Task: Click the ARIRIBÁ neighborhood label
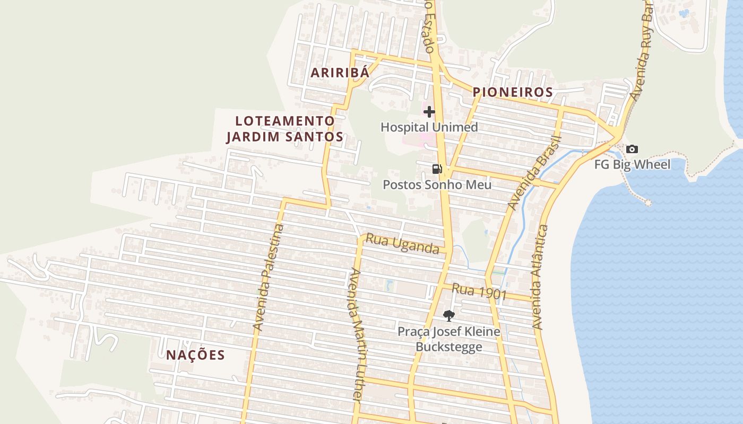[x=340, y=73]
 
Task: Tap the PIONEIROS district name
[x=513, y=92]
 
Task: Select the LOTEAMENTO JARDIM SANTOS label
[x=284, y=129]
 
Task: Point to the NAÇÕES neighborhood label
[x=195, y=355]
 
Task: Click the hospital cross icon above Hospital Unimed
[x=429, y=112]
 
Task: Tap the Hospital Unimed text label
[x=429, y=127]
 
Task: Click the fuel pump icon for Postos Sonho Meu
[x=437, y=169]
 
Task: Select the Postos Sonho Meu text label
[x=437, y=185]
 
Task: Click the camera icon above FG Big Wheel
[x=632, y=149]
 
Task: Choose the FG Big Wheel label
[x=632, y=164]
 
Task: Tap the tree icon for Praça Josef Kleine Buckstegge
[x=448, y=316]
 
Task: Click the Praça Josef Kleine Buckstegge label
[x=449, y=339]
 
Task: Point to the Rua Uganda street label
[x=403, y=244]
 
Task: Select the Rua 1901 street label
[x=479, y=291]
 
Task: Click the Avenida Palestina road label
[x=269, y=278]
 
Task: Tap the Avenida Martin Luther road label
[x=356, y=335]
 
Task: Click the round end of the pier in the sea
[x=648, y=202]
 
